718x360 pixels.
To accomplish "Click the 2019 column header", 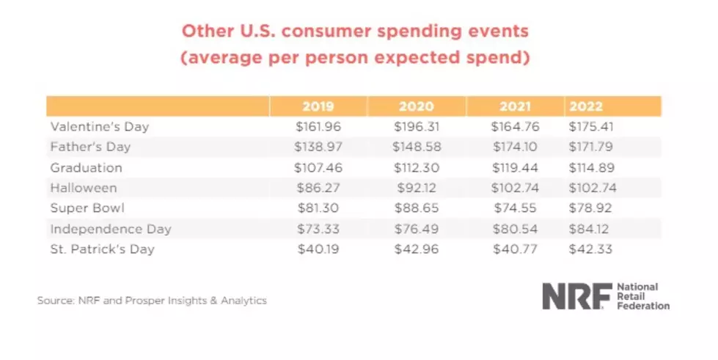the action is [318, 107].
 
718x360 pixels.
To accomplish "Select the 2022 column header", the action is [586, 107].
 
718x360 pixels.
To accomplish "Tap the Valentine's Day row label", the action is [99, 126].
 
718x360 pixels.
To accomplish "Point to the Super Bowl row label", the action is [87, 208].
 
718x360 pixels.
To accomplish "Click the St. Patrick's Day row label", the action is [102, 249].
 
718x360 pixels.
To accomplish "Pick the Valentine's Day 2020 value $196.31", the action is [417, 126].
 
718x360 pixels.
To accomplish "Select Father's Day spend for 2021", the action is [515, 147].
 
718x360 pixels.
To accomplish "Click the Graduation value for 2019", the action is [318, 168].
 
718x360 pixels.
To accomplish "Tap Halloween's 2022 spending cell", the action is [593, 188].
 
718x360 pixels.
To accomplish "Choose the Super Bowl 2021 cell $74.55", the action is [515, 208].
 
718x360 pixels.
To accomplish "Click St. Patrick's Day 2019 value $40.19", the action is [318, 249].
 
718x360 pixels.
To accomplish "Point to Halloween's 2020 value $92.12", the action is [417, 188].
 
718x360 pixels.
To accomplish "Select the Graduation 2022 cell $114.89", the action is [591, 168].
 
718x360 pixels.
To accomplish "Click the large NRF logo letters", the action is [577, 296].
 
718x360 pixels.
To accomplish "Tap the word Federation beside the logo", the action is [643, 306].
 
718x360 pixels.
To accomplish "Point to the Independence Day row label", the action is [110, 229].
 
